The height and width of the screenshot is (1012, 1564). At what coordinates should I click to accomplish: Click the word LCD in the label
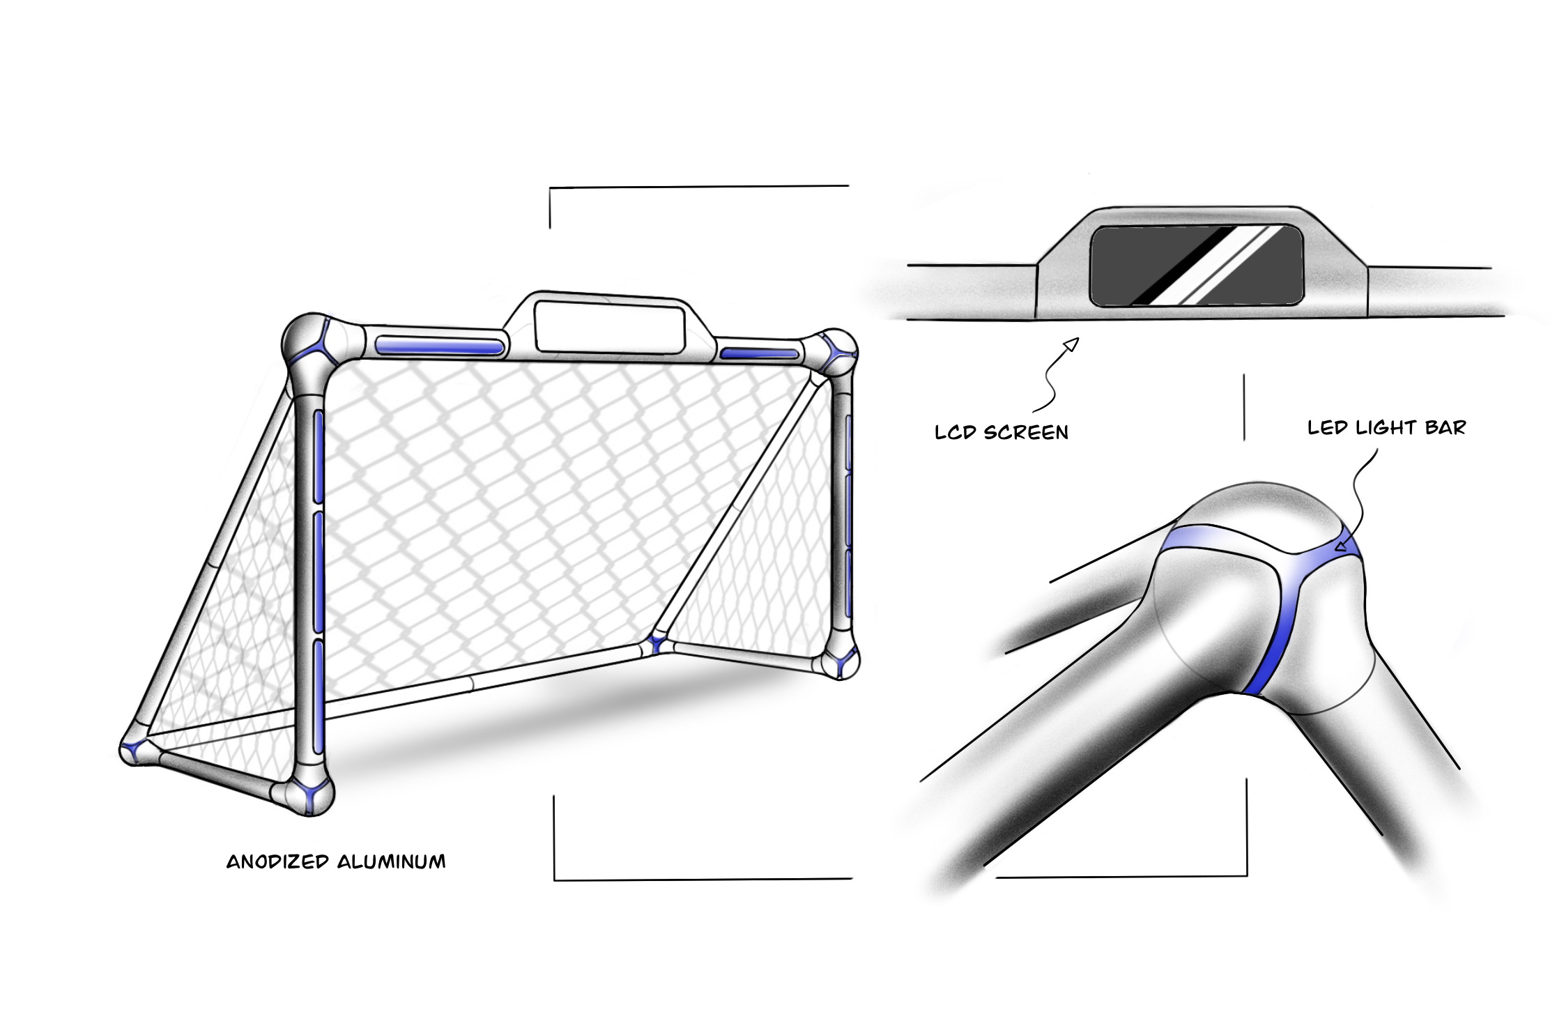(x=954, y=433)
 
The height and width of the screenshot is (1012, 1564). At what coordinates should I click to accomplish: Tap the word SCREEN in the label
(x=1026, y=433)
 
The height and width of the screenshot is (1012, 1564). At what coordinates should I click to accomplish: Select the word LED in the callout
(x=1327, y=428)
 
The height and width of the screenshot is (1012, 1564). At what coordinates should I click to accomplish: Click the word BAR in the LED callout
(x=1446, y=427)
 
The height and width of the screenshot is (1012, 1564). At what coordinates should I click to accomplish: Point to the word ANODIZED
(x=277, y=862)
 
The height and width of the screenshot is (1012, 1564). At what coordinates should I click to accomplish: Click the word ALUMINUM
(x=392, y=862)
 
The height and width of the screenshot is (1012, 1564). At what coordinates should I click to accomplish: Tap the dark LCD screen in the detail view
(x=1196, y=266)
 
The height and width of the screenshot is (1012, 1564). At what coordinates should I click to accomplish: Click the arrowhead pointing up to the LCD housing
(x=1072, y=344)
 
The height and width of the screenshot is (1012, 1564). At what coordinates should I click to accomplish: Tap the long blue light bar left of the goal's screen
(x=439, y=346)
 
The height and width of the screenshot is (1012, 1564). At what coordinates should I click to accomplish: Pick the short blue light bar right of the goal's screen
(x=759, y=354)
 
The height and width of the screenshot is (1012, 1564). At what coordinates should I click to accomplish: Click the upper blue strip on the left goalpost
(x=319, y=457)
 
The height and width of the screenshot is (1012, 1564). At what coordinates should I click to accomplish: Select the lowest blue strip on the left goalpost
(x=319, y=697)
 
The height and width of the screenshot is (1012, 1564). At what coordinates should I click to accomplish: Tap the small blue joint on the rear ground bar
(x=655, y=643)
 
